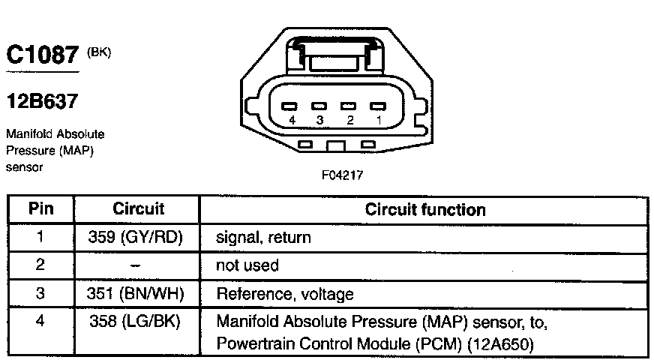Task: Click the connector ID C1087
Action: (x=42, y=55)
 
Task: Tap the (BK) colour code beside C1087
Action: (x=99, y=53)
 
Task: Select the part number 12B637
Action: (x=42, y=101)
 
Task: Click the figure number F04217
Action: (x=342, y=175)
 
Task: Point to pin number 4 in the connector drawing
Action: (x=292, y=120)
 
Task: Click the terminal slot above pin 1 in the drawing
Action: (x=378, y=106)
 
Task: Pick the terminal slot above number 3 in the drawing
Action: (x=319, y=106)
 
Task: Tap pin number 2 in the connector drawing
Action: (x=350, y=120)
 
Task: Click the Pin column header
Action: (x=40, y=208)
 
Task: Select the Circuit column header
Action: (x=138, y=208)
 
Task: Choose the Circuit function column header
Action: (x=425, y=209)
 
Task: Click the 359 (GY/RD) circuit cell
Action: (x=135, y=237)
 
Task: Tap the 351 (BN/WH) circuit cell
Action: (x=135, y=294)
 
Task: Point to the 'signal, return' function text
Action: (x=263, y=238)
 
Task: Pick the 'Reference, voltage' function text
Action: (x=285, y=294)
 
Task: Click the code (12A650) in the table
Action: (x=500, y=344)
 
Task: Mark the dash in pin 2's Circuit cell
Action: (x=135, y=265)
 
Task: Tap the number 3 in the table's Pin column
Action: (x=40, y=293)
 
